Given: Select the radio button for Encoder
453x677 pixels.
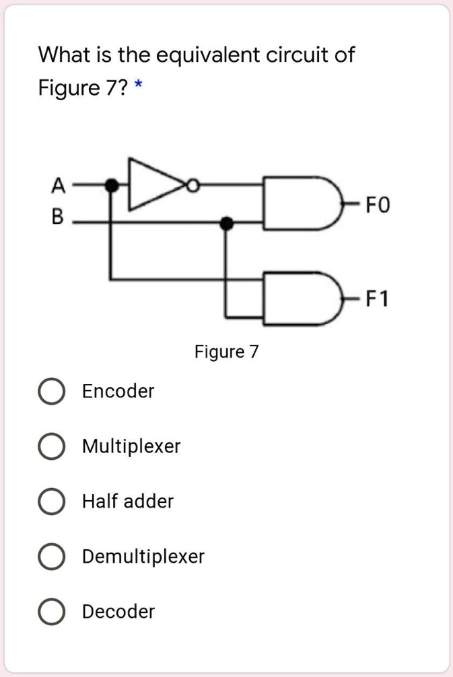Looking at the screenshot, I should coord(50,391).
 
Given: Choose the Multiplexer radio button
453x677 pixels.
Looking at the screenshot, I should coord(50,446).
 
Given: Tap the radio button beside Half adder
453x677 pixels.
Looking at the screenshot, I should coord(50,502).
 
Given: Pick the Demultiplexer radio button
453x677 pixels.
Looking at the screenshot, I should coord(50,557).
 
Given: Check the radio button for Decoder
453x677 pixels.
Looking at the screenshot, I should coord(50,612).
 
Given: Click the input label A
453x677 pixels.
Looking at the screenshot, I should coord(59,182).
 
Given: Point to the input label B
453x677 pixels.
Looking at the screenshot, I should coord(59,217).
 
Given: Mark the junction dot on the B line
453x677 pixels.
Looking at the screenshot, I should coord(228,222).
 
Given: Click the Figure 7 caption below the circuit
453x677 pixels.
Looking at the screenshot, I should coord(226,352).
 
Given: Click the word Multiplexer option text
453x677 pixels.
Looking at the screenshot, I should coord(131,446).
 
